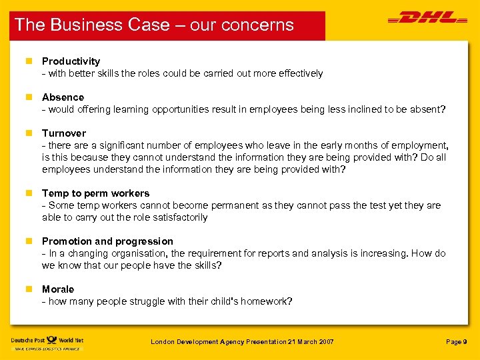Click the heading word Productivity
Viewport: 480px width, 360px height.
click(71, 61)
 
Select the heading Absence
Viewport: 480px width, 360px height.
click(63, 97)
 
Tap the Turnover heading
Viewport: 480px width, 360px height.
click(63, 133)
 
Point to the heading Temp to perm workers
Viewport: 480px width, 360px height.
click(95, 193)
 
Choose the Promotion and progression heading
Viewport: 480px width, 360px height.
click(107, 241)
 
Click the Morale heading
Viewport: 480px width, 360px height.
click(58, 289)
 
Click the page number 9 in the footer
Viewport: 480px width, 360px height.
click(465, 342)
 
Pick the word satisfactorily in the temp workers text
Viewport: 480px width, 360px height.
click(175, 217)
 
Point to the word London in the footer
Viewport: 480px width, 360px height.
click(163, 342)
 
